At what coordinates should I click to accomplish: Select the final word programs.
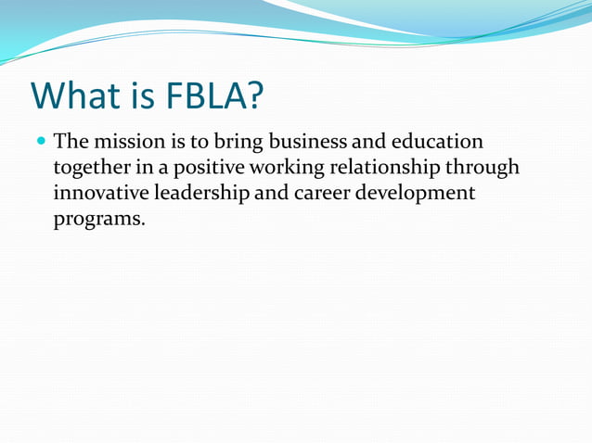[99, 220]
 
